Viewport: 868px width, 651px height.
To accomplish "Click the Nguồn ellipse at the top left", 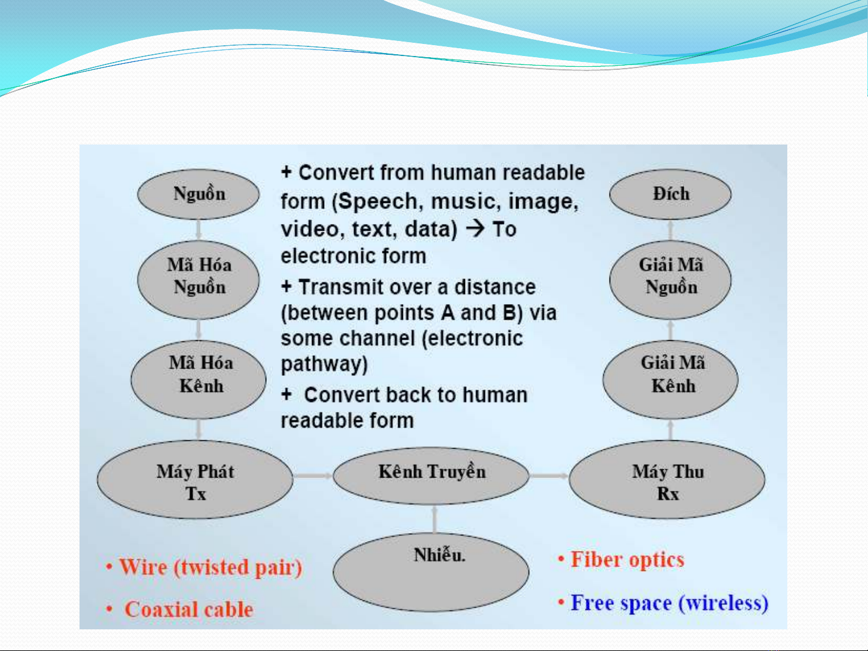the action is pos(198,194).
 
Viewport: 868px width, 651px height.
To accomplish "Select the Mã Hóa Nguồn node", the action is pos(198,279).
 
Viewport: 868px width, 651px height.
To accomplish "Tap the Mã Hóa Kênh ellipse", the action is pos(198,379).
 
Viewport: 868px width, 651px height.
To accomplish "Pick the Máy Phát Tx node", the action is pos(195,479).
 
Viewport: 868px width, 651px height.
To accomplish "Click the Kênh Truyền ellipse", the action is pos(431,476).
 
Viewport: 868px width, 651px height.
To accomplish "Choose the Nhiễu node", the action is pos(431,572).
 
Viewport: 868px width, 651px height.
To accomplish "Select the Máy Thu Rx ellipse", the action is pos(667,479).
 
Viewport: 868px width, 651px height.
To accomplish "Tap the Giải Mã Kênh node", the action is pos(670,379).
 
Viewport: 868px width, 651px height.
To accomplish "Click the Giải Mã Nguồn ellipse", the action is pos(670,279).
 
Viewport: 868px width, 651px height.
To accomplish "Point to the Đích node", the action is pos(670,194).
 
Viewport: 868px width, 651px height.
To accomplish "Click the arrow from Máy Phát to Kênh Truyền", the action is pos(313,476).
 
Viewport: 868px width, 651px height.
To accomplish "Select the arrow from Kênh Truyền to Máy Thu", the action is pos(549,476).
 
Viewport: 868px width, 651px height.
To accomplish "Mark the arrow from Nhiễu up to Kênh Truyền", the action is pos(434,519).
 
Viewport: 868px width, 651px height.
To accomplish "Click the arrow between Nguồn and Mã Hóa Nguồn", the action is pos(199,230).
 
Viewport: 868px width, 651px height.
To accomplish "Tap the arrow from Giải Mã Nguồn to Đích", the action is pos(670,230).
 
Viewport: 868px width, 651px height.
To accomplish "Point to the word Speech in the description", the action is pos(378,202).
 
